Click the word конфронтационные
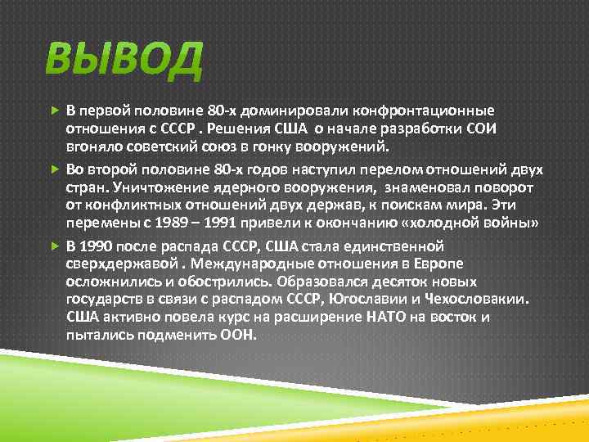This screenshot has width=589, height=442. pos(429,110)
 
